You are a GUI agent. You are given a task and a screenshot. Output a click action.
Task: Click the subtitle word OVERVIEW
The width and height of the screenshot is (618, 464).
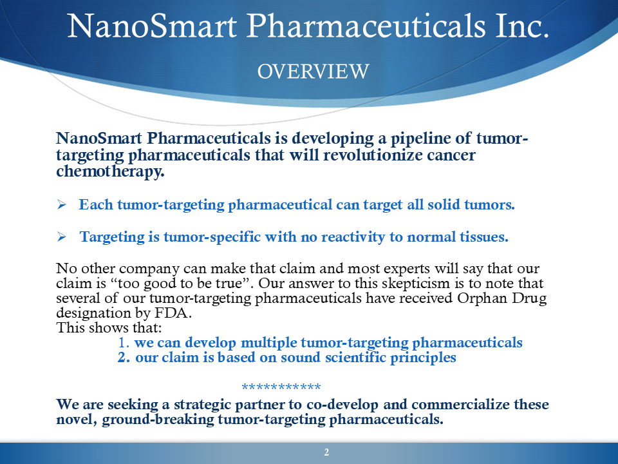coord(313,72)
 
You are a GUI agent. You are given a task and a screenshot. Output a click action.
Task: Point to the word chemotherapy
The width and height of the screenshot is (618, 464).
coord(110,171)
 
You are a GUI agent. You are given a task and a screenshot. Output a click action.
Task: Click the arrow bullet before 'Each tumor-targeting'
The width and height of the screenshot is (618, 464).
coord(62,204)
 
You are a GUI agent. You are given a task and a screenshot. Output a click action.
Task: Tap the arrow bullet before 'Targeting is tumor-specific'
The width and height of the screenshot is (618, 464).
coord(62,237)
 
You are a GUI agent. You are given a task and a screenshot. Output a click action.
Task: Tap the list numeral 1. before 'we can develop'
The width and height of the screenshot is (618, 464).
coord(124,342)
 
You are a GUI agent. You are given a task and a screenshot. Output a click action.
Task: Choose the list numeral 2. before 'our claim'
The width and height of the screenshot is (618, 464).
coord(124,358)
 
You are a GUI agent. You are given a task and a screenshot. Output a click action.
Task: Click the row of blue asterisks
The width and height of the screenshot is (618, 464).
coord(281,387)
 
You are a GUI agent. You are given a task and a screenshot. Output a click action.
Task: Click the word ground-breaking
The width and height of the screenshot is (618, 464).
coord(158,420)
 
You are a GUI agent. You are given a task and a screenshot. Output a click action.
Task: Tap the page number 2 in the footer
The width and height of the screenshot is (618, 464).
coord(326,452)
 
